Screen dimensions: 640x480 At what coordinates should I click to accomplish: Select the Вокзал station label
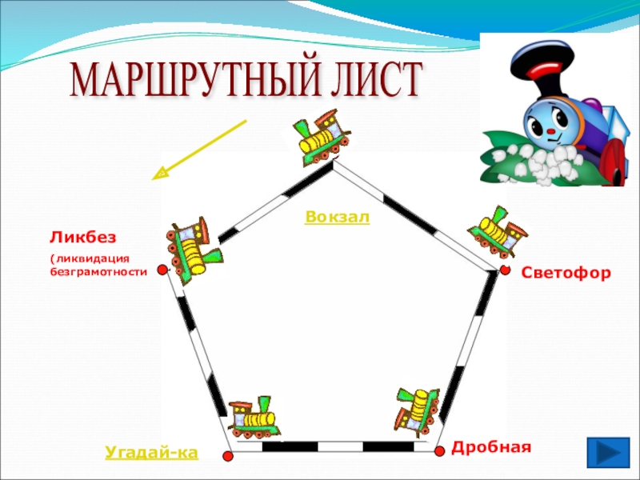(338, 217)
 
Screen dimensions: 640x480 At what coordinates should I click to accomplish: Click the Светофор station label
(566, 274)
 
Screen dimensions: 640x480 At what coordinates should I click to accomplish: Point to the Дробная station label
(491, 446)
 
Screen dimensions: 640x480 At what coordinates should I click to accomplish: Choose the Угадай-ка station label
(151, 454)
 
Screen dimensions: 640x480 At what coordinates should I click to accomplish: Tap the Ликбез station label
(83, 238)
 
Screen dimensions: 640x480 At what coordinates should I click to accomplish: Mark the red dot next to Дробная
(439, 451)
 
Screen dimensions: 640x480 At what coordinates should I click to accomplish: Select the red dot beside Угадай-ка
(227, 455)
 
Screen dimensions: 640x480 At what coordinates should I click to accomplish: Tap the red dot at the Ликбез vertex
(162, 270)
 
